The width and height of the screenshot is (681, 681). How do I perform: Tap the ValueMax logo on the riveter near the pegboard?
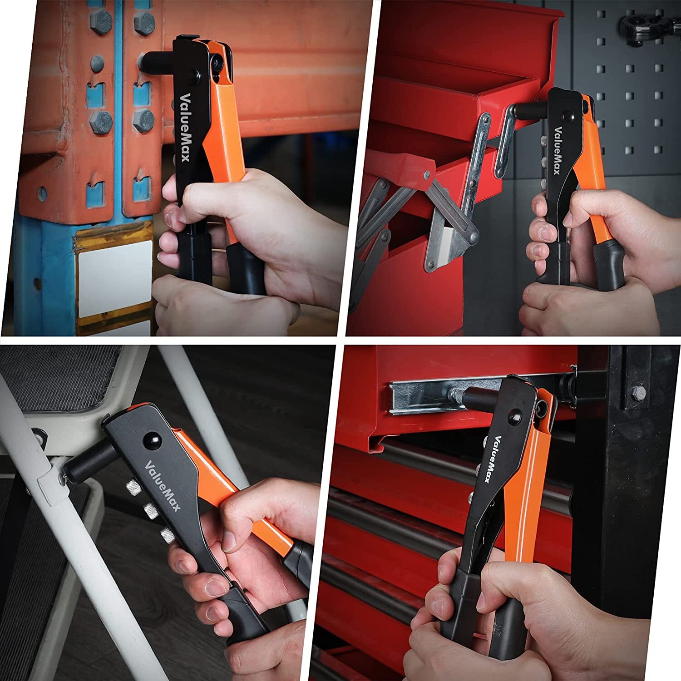click(x=559, y=150)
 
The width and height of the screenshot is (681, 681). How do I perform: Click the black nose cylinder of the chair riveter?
click(x=86, y=463)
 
